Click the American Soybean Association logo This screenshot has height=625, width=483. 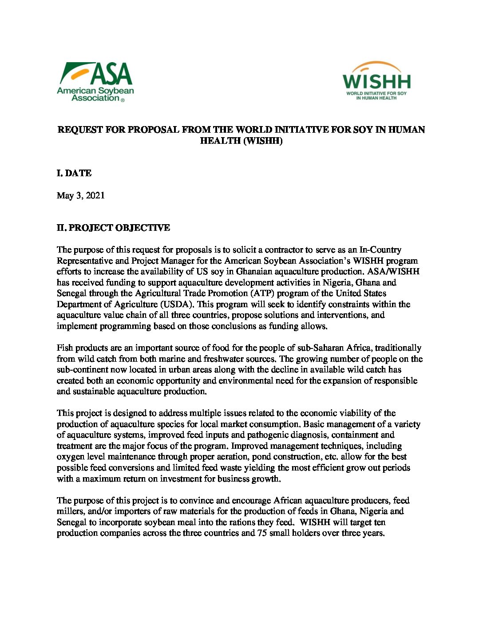pyautogui.click(x=95, y=82)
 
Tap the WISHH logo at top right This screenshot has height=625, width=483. pyautogui.click(x=376, y=80)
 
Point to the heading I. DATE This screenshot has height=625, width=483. pyautogui.click(x=74, y=173)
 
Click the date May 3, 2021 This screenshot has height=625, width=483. pyautogui.click(x=81, y=195)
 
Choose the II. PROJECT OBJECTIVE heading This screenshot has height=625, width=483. pyautogui.click(x=113, y=228)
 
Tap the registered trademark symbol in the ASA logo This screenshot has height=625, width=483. pyautogui.click(x=123, y=100)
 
